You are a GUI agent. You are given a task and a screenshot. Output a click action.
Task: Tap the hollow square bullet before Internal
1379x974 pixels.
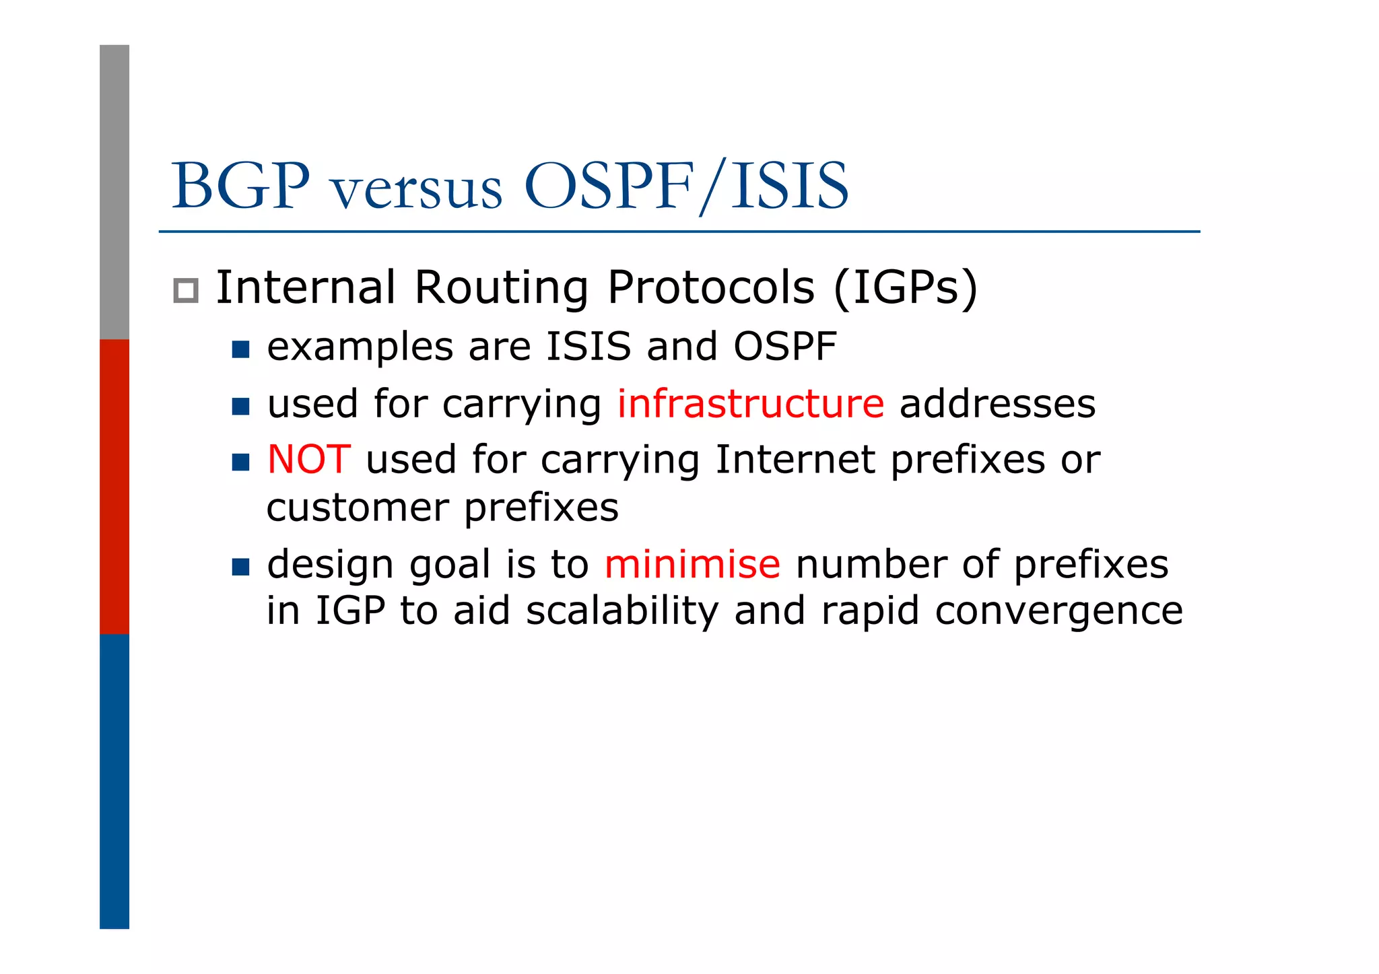(186, 291)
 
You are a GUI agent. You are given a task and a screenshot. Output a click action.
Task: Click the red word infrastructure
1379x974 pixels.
(750, 404)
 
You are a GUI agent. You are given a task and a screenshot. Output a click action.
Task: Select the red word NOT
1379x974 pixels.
(309, 460)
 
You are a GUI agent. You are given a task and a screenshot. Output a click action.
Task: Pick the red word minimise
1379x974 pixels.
(692, 564)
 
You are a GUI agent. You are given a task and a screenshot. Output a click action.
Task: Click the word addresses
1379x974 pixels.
(997, 404)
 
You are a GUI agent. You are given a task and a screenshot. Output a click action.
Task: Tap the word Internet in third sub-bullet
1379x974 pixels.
(795, 460)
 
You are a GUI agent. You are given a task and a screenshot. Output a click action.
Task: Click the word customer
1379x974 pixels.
(358, 508)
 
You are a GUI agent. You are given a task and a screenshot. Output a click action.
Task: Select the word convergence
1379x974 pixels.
(1058, 611)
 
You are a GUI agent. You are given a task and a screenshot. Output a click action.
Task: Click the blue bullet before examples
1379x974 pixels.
(240, 349)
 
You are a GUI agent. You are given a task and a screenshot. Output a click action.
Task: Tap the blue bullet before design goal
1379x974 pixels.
(240, 567)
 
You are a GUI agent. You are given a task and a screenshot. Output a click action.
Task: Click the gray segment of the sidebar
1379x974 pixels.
(114, 192)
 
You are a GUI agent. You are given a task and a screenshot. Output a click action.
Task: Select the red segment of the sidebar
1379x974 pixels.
(114, 486)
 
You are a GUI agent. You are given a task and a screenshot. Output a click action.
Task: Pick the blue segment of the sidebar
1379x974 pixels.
(114, 781)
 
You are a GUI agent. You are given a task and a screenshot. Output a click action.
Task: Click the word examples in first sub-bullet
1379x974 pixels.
(360, 347)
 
